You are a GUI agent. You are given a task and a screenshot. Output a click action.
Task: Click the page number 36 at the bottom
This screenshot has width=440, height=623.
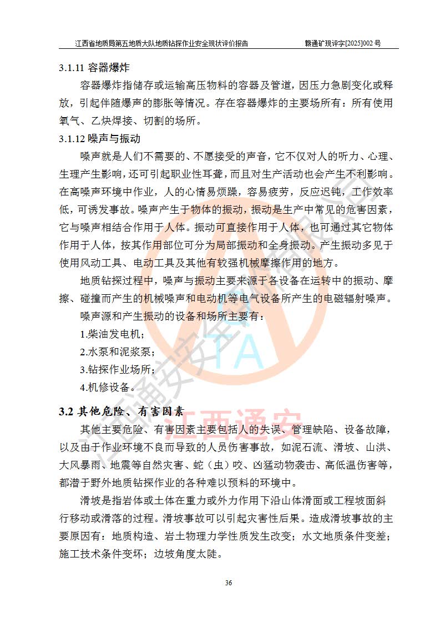tap(228, 582)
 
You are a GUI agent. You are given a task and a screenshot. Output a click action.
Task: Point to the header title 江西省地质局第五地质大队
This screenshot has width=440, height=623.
tap(128, 43)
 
